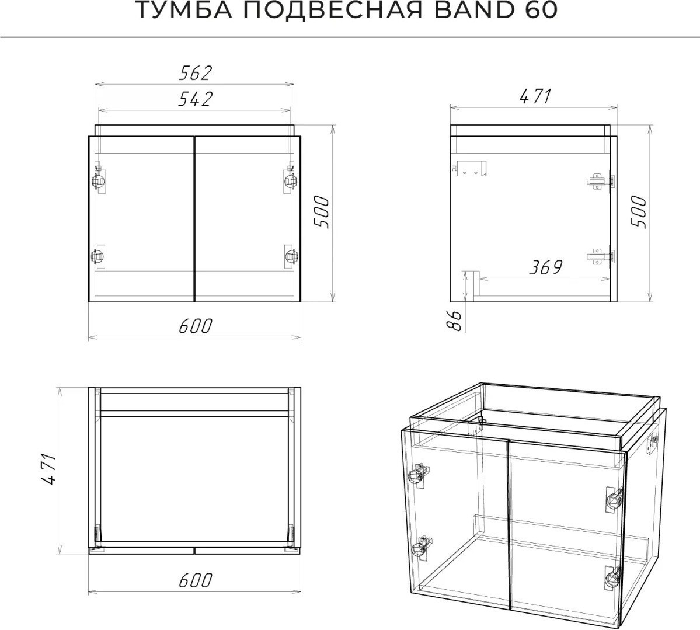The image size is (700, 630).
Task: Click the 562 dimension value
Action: (x=194, y=73)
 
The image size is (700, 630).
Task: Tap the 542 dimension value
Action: (x=194, y=99)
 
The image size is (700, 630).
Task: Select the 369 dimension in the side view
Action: (x=545, y=267)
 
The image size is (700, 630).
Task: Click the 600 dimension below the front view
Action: (x=195, y=326)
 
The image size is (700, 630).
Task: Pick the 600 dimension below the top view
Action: (x=195, y=580)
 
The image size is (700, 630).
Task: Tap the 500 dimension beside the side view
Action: (x=639, y=212)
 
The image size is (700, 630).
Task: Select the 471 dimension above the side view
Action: (x=536, y=96)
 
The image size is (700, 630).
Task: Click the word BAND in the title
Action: (x=473, y=11)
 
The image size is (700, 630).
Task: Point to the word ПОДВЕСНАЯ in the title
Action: (x=333, y=11)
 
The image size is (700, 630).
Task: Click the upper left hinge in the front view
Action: (x=99, y=179)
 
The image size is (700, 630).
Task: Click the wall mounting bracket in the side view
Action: (x=469, y=168)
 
